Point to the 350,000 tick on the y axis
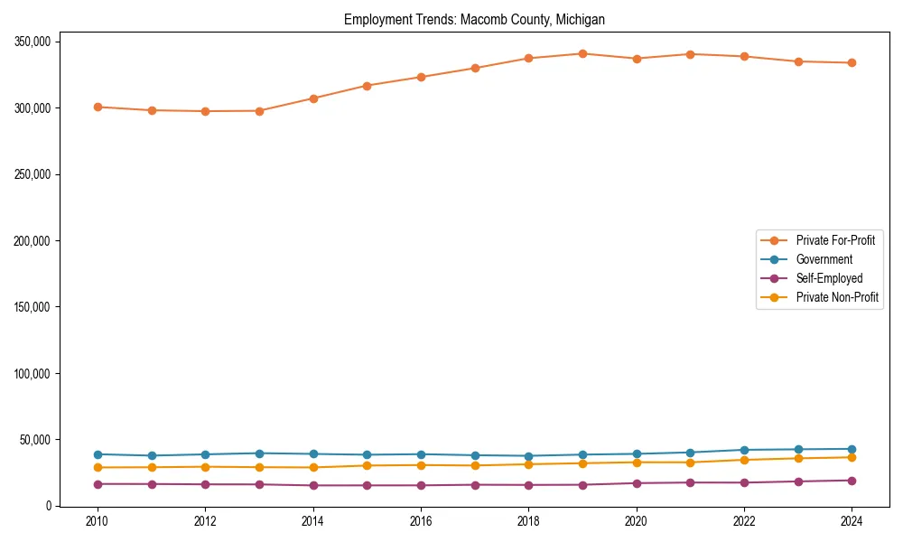(x=32, y=42)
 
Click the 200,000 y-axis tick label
(x=32, y=241)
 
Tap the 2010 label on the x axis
(x=98, y=521)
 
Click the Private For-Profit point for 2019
(x=582, y=53)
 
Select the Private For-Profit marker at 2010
(x=98, y=107)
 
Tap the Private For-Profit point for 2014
(x=313, y=98)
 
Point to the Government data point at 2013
(x=259, y=453)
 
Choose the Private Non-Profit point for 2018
(x=528, y=464)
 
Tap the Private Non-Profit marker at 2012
(x=205, y=467)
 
